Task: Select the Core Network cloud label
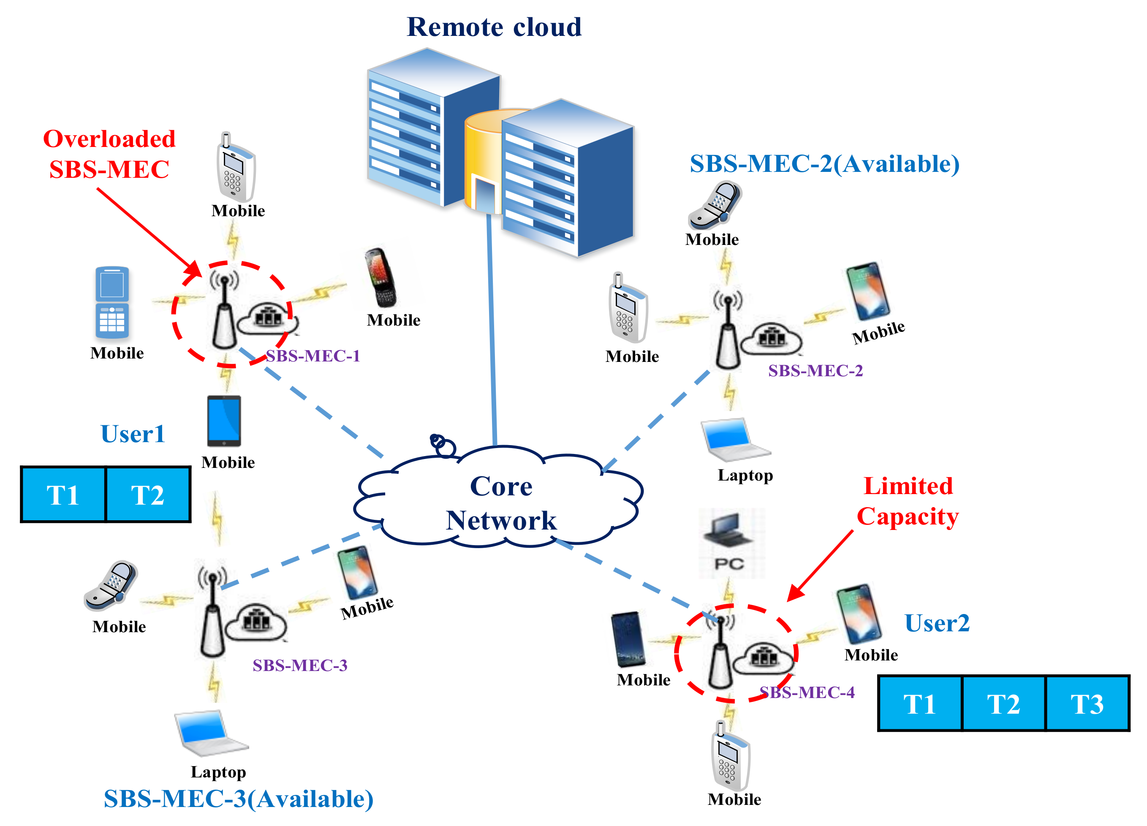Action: click(501, 503)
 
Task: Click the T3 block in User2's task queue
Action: click(1087, 704)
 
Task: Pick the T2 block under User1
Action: click(148, 495)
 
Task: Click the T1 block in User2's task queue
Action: click(919, 704)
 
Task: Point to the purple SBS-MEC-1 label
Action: click(313, 356)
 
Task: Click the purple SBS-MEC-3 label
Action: click(300, 665)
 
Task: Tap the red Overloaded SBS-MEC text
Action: click(109, 154)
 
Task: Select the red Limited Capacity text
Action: click(908, 501)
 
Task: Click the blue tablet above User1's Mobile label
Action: click(224, 421)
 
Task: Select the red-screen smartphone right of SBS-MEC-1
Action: click(381, 277)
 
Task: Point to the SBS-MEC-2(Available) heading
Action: click(824, 163)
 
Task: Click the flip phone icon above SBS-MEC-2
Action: click(714, 205)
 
